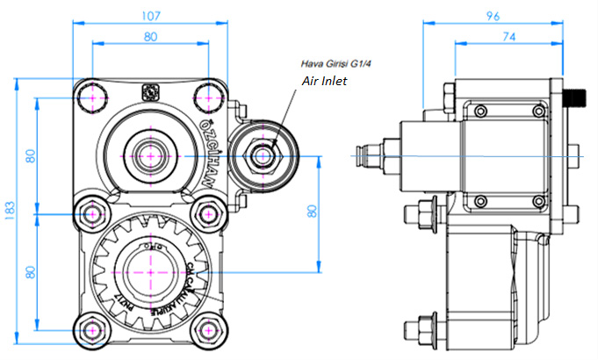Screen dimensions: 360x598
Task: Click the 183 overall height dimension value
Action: coord(9,212)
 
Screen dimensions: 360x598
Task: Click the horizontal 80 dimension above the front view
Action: coord(150,36)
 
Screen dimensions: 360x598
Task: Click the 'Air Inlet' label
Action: coord(324,81)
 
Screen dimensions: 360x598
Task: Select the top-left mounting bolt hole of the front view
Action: coord(90,96)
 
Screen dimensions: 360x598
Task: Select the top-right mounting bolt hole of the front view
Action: coord(208,96)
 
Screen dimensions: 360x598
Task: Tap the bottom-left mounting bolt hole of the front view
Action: coord(90,329)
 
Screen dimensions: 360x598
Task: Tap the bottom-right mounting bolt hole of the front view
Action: coord(208,329)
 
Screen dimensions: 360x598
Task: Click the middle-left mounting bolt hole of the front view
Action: coord(90,212)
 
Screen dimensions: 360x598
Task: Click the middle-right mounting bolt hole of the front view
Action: coord(208,212)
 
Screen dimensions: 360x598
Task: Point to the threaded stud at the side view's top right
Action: coord(575,97)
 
